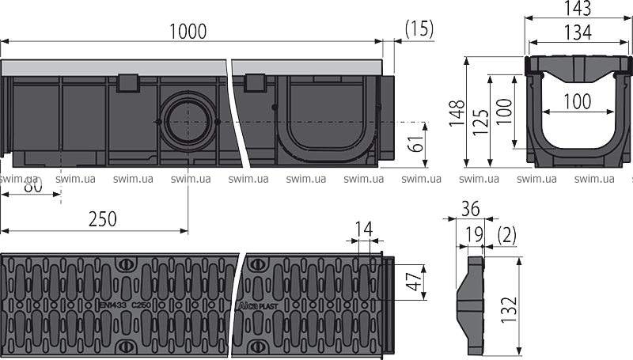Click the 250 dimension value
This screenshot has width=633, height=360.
[102, 219]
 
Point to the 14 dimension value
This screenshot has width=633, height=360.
[363, 229]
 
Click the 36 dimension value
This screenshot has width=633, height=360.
[470, 209]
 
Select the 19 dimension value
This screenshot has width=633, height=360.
[473, 234]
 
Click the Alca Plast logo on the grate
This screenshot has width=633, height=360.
[256, 303]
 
